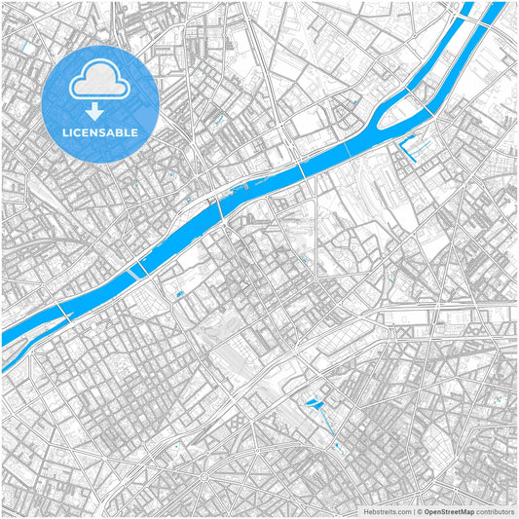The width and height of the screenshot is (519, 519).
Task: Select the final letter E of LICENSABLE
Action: coord(134,131)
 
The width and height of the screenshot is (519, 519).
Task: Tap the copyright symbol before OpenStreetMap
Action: coord(420,510)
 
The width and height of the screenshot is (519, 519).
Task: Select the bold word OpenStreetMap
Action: coord(449,510)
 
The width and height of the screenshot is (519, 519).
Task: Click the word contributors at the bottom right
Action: coord(495,510)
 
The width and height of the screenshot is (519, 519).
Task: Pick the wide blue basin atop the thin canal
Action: coord(315,401)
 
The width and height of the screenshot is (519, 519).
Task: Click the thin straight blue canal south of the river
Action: coord(330,425)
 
